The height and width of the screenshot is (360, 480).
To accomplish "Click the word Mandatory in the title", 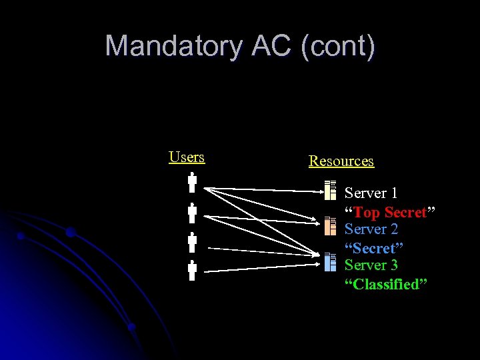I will (174, 46).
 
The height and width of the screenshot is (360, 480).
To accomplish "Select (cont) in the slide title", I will (338, 46).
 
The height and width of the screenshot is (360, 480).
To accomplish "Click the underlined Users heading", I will (187, 157).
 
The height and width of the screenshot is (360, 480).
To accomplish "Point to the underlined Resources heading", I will (341, 161).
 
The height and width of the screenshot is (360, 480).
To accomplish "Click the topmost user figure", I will (192, 183).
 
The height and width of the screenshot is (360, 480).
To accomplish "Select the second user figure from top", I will (192, 213).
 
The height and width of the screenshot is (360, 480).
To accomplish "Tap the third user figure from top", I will (192, 243).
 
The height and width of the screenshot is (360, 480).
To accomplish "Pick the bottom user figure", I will (192, 271).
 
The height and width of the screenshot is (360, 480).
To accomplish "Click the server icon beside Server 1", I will (330, 191).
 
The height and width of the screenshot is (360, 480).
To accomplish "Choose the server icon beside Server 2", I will (330, 227).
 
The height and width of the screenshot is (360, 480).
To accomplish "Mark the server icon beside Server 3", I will (330, 262).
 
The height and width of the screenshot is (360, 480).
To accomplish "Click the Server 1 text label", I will (371, 193).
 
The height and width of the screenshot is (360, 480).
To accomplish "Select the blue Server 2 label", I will (371, 229).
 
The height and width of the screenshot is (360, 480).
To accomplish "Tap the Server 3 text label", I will (371, 265).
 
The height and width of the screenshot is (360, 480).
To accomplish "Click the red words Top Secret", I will (390, 212).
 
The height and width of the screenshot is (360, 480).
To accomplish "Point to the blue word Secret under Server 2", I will (374, 248).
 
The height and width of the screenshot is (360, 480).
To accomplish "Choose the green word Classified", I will (386, 285).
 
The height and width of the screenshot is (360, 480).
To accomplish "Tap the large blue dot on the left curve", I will (70, 232).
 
